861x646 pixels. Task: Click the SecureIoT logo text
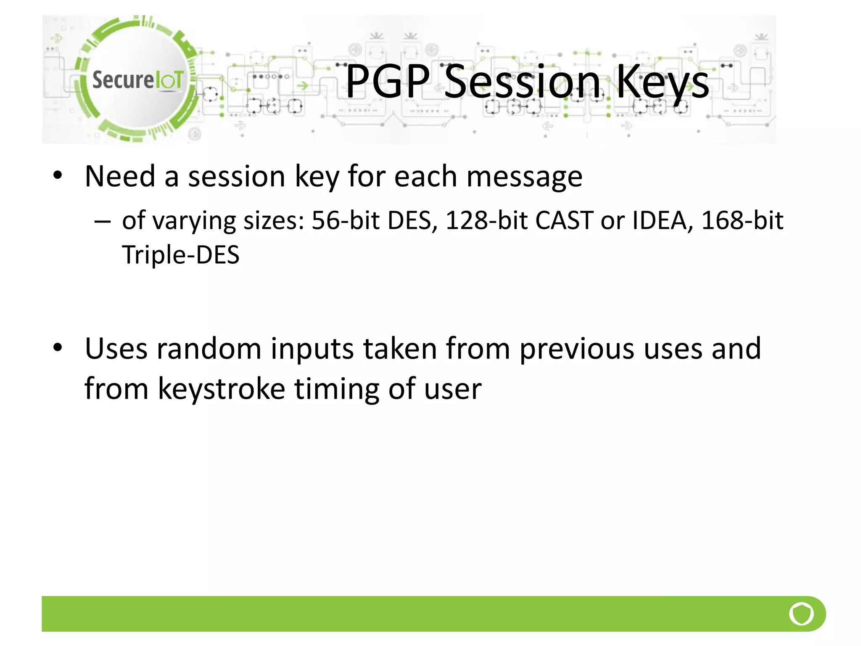click(x=137, y=80)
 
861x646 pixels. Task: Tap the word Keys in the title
click(x=662, y=82)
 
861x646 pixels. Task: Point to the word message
click(x=524, y=177)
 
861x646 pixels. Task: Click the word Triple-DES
click(x=180, y=255)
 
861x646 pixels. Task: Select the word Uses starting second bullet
click(x=116, y=349)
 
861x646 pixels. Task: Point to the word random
click(x=209, y=349)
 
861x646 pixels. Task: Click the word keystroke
click(x=221, y=389)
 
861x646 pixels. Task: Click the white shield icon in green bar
click(x=801, y=614)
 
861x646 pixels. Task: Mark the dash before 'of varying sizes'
click(x=103, y=221)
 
